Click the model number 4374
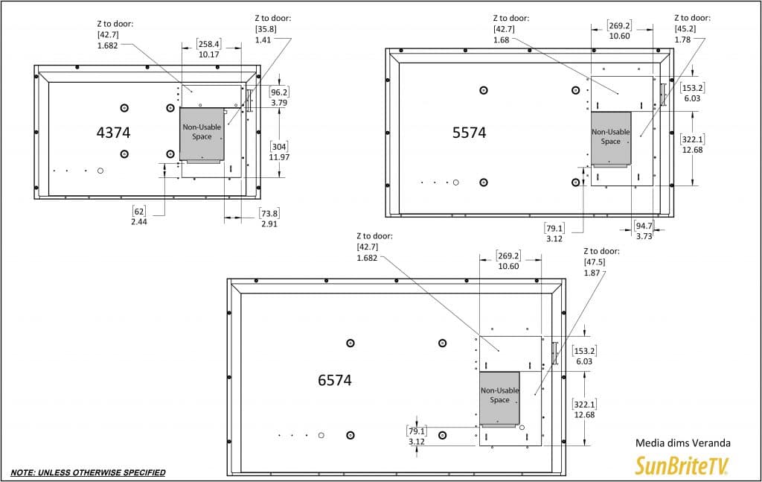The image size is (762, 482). (113, 133)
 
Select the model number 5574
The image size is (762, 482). (469, 133)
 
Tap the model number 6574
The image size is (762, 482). (334, 380)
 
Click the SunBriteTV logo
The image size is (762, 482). (682, 465)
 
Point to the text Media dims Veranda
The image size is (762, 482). (678, 443)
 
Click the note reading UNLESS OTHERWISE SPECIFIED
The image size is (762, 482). (88, 472)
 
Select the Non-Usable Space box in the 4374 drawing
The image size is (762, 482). (202, 134)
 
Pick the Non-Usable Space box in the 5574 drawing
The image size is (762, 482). (610, 139)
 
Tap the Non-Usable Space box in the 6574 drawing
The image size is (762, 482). (499, 398)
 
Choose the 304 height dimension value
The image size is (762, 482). (278, 147)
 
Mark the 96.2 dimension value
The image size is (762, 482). (279, 93)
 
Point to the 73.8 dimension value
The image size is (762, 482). (269, 214)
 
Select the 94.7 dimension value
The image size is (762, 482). (644, 226)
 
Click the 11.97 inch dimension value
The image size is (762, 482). (278, 157)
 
